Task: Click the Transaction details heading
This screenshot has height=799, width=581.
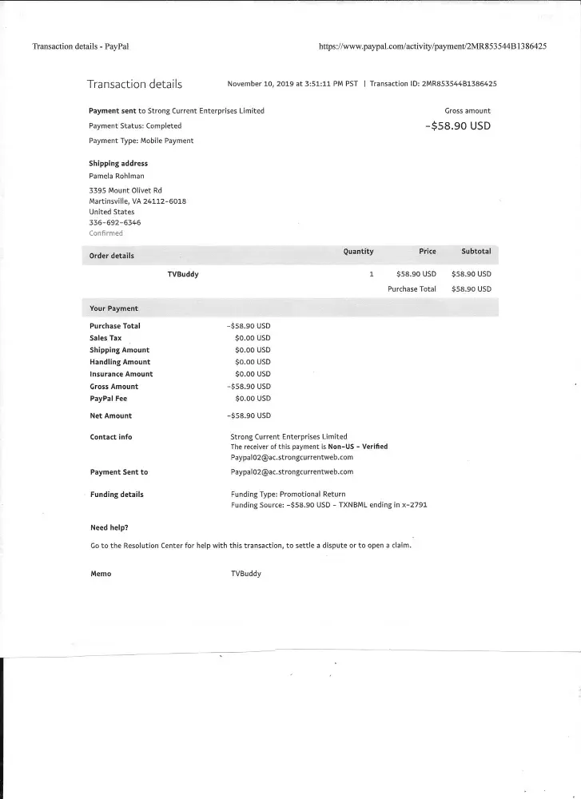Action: [134, 84]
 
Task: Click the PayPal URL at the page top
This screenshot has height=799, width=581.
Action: [432, 46]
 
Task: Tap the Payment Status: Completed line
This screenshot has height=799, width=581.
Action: [135, 125]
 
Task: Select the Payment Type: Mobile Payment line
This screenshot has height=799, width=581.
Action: [141, 141]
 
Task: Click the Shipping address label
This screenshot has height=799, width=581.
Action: [118, 164]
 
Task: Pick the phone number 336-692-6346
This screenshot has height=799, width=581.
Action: [114, 223]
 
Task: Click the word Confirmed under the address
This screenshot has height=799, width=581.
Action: [106, 233]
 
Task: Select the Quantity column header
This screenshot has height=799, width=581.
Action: [358, 252]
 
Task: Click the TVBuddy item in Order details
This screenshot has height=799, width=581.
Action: [183, 274]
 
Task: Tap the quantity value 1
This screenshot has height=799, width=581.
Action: [371, 274]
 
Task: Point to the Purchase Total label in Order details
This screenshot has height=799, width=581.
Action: [412, 289]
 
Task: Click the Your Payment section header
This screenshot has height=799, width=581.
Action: [113, 308]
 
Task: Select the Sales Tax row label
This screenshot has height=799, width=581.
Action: [105, 338]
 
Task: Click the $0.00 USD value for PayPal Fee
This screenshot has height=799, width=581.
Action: [253, 398]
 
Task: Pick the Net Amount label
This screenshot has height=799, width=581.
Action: [111, 415]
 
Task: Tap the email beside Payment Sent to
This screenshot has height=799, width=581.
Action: [292, 471]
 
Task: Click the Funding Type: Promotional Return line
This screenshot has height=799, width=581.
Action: [288, 495]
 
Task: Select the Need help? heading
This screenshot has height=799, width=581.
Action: [109, 527]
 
